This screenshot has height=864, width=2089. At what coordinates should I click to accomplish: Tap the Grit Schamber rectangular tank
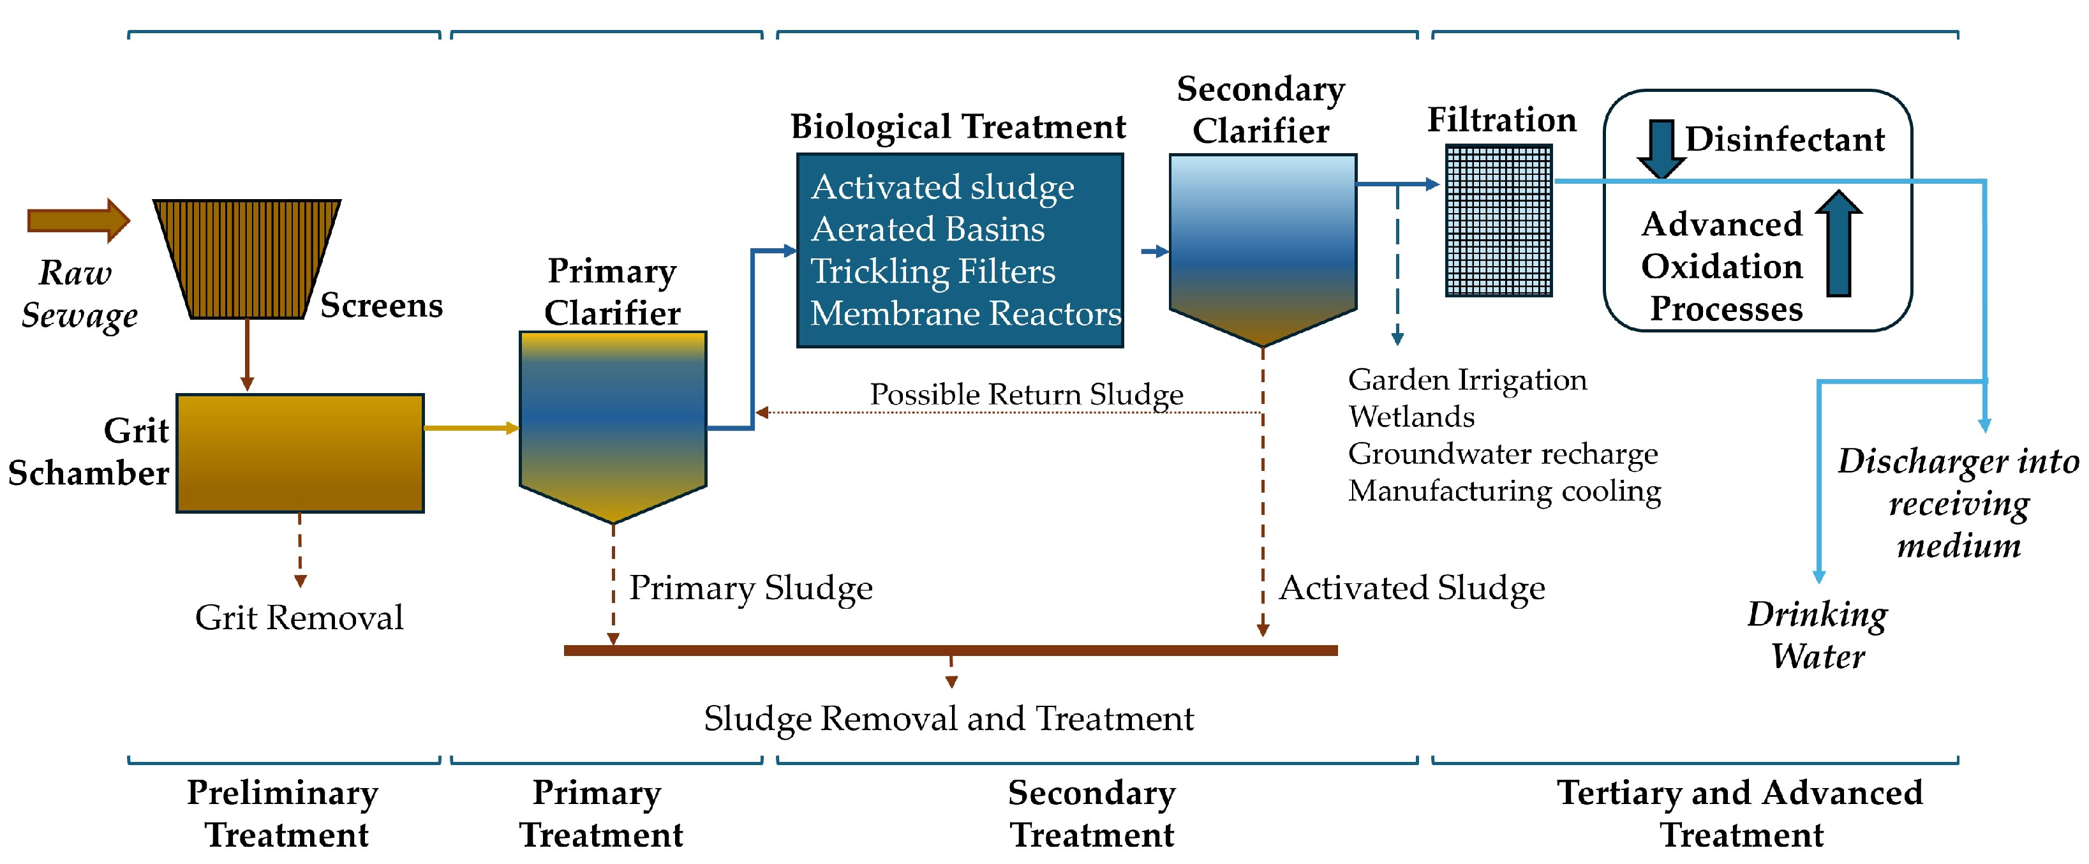pyautogui.click(x=299, y=452)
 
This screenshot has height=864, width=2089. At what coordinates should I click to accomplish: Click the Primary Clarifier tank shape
pyautogui.click(x=613, y=422)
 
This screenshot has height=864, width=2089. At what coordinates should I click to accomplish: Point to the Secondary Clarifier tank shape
pyautogui.click(x=1262, y=243)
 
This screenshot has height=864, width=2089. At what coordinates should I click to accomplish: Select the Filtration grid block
pyautogui.click(x=1499, y=221)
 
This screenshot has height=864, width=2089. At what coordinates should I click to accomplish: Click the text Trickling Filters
pyautogui.click(x=933, y=272)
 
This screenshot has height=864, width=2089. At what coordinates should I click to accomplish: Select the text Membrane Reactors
pyautogui.click(x=965, y=314)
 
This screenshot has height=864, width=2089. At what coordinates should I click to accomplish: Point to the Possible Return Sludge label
pyautogui.click(x=1026, y=395)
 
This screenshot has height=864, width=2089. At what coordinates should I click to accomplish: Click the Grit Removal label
pyautogui.click(x=299, y=618)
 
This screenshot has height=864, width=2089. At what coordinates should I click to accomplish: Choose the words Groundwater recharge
pyautogui.click(x=1502, y=454)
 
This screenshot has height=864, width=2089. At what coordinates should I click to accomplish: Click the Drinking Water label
pyautogui.click(x=1817, y=635)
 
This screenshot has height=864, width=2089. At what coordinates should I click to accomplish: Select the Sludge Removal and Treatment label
pyautogui.click(x=948, y=719)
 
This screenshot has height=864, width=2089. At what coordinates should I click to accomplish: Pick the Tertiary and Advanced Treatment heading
pyautogui.click(x=1740, y=813)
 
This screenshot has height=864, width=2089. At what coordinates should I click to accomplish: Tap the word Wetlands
pyautogui.click(x=1411, y=417)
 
